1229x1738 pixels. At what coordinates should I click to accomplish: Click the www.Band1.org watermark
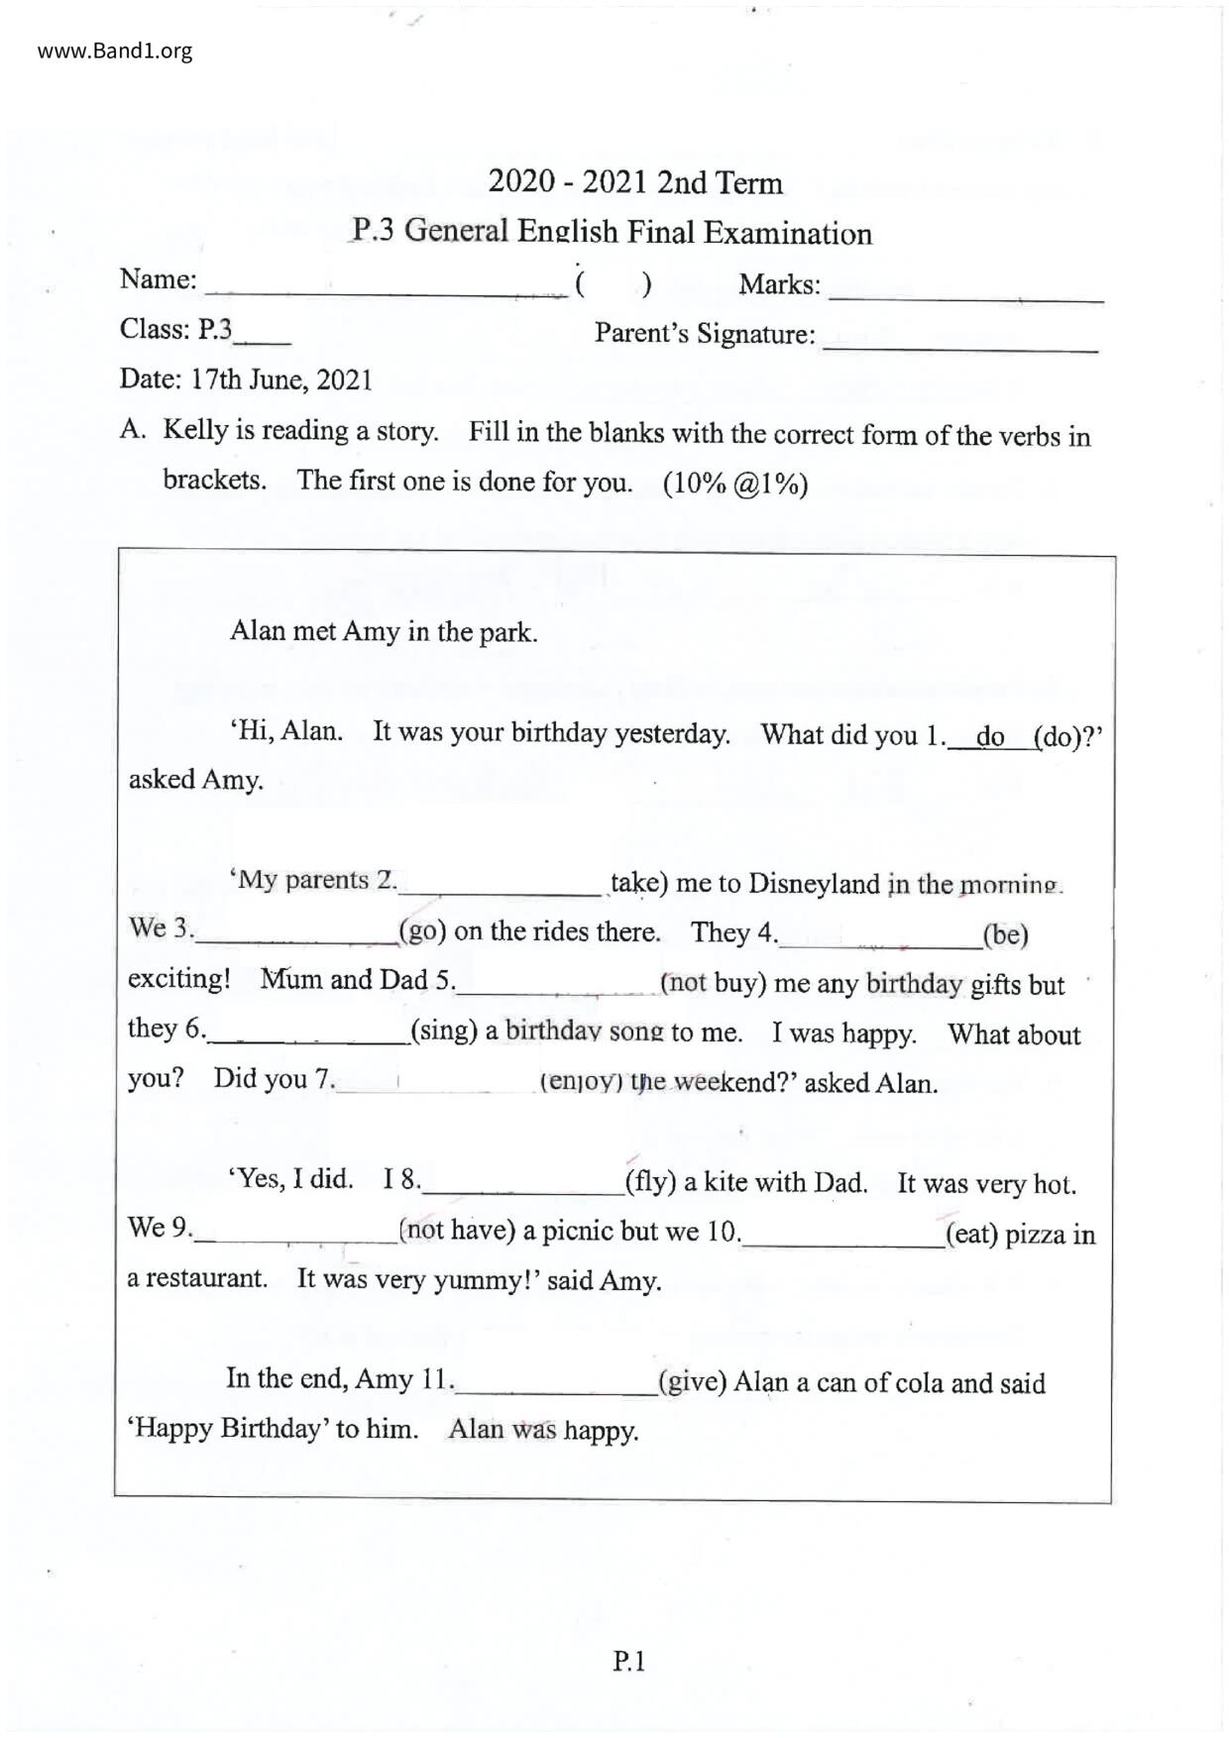point(115,51)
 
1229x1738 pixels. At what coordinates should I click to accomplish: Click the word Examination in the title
point(788,234)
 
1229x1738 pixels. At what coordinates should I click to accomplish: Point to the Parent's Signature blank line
point(959,344)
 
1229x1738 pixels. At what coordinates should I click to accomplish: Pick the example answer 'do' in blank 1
point(990,737)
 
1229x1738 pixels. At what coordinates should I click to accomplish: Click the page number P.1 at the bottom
point(629,1662)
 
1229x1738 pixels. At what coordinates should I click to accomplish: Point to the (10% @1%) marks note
point(735,485)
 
